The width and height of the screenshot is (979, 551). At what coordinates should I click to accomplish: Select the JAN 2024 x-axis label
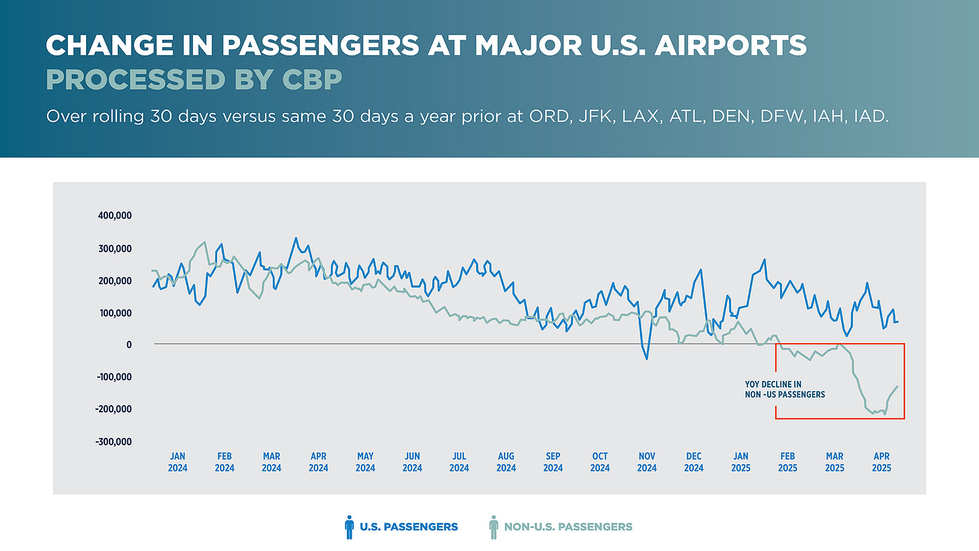[x=178, y=462]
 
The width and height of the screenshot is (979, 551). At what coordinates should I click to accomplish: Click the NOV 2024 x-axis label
[x=647, y=462]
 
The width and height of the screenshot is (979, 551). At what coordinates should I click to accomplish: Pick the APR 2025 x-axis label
[x=882, y=462]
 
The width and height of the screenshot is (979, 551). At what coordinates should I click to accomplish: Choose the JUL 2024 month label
[x=459, y=462]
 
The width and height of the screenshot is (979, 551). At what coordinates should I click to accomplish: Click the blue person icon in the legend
[x=348, y=527]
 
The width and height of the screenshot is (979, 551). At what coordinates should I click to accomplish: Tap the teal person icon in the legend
[x=493, y=527]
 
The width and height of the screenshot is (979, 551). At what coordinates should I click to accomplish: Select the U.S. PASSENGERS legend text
[x=408, y=527]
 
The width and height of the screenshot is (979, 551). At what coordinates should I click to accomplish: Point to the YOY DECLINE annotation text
[x=784, y=390]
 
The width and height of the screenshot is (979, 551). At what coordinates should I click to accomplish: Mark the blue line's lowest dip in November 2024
[x=647, y=359]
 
